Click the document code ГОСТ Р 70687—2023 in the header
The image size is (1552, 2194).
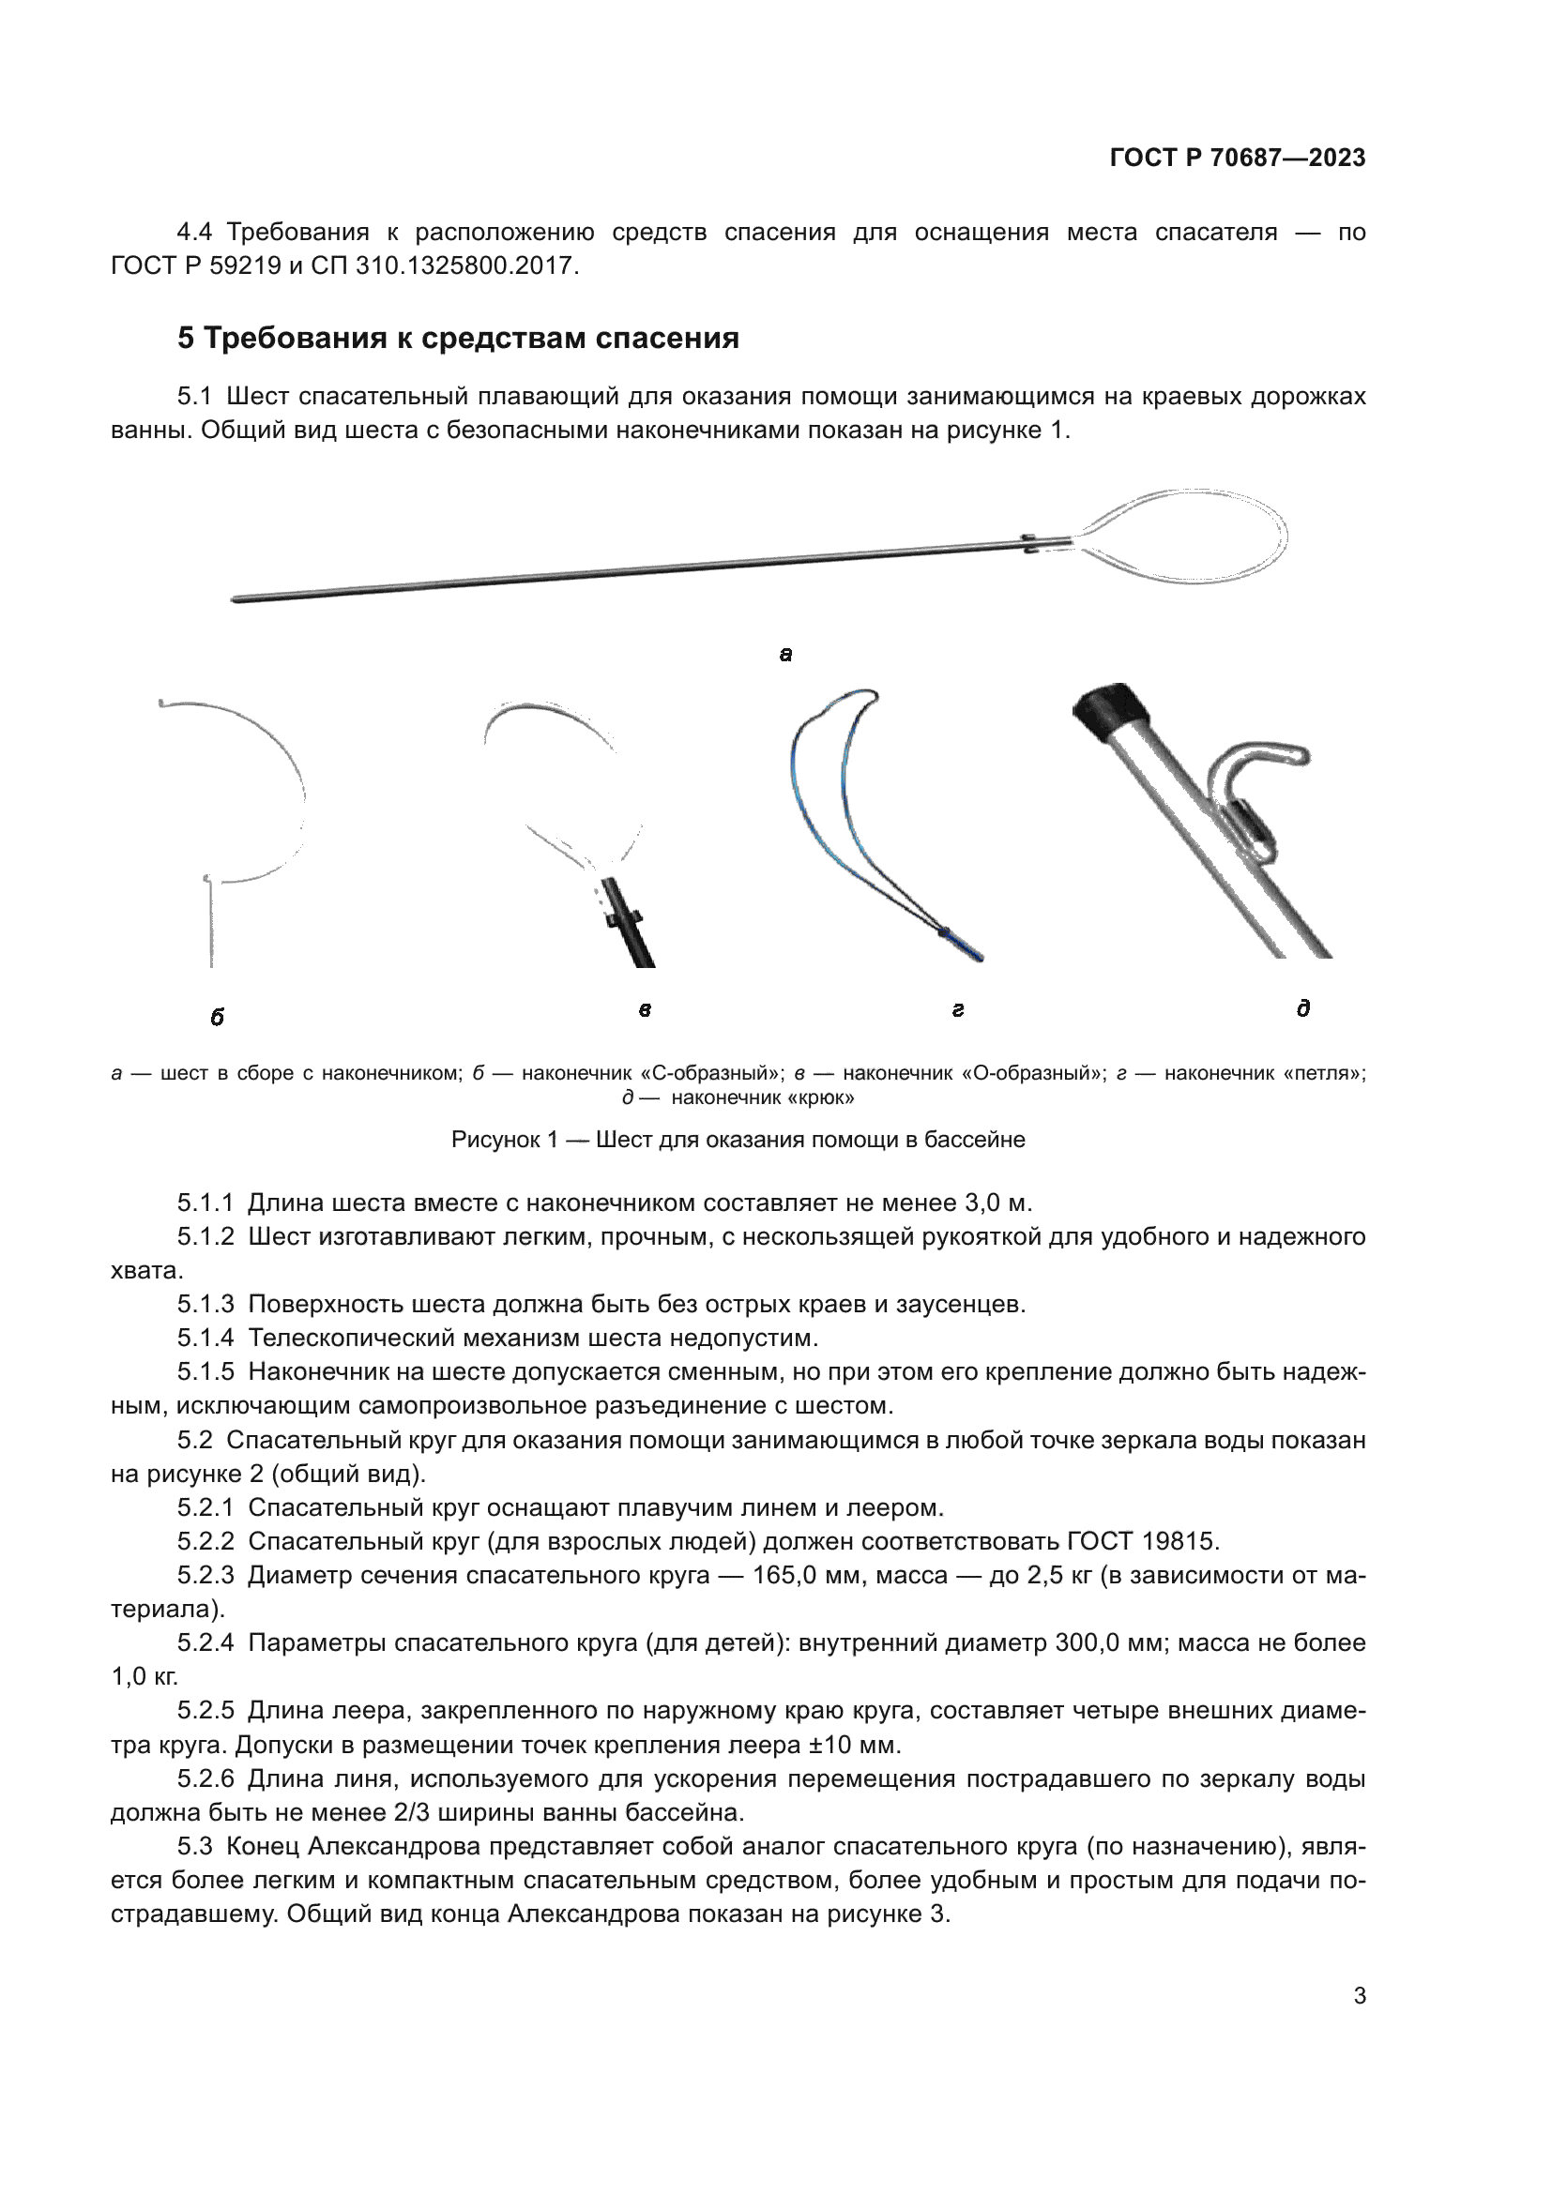[1237, 158]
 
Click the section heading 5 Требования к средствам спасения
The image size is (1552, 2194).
[458, 339]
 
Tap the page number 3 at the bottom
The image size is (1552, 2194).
[1359, 1996]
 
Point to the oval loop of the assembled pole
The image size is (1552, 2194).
[1185, 537]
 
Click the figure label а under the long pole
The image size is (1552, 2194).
[785, 655]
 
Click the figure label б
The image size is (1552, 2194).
[217, 1018]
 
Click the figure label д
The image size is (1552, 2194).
[1302, 1008]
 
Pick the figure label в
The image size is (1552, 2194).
[645, 1010]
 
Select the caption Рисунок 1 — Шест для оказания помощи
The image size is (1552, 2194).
[738, 1140]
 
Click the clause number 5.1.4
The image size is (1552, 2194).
[205, 1338]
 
